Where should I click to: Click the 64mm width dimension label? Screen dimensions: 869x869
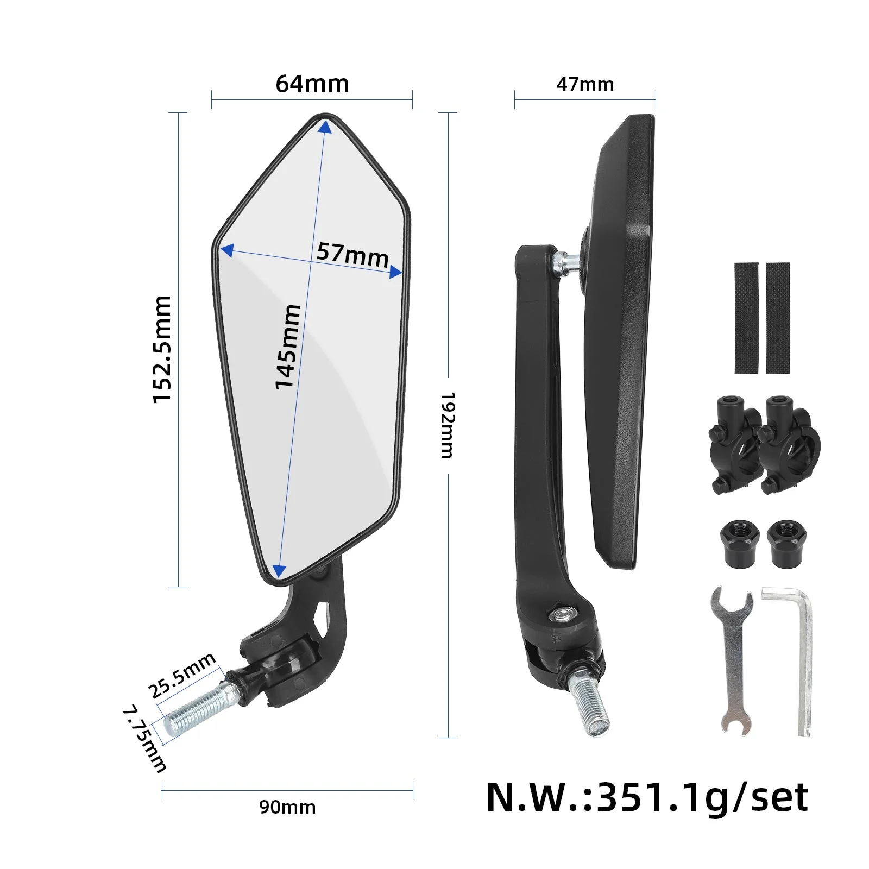click(312, 84)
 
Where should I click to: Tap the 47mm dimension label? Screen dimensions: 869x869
click(585, 84)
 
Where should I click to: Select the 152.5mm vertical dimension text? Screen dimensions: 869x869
click(162, 349)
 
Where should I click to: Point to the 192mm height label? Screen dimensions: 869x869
click(447, 425)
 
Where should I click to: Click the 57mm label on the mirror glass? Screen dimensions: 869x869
click(352, 254)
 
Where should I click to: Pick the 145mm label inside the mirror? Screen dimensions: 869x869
click(287, 347)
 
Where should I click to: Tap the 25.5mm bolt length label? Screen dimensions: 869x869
click(182, 676)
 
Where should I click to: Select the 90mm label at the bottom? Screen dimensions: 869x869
click(287, 807)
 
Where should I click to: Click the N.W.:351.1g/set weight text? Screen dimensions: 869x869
click(647, 797)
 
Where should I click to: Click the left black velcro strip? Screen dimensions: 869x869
click(746, 318)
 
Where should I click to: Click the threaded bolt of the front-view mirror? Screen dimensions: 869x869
click(198, 709)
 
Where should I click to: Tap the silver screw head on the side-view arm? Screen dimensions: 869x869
click(560, 614)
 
